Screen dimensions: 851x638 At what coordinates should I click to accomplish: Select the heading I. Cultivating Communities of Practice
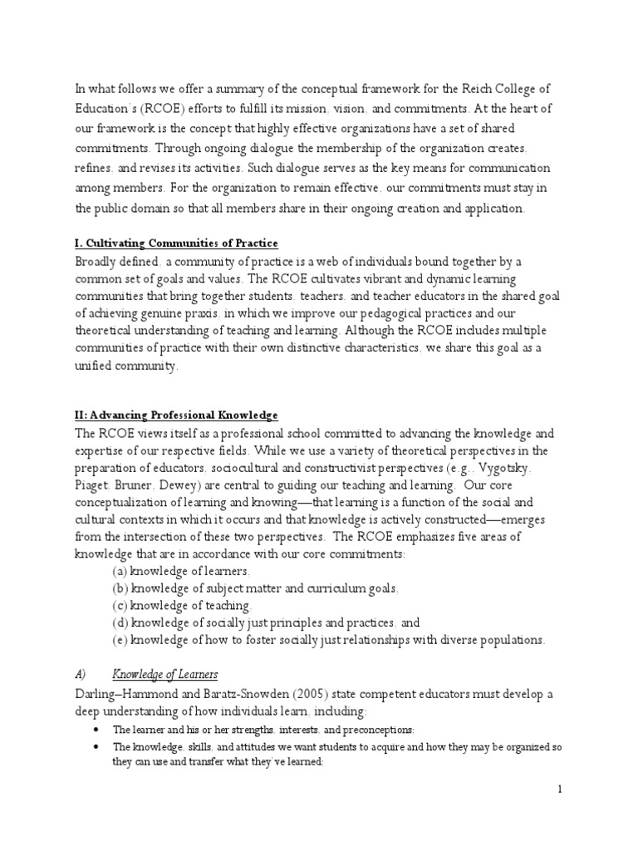176,243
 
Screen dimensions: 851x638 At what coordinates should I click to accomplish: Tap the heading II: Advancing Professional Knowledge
176,415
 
